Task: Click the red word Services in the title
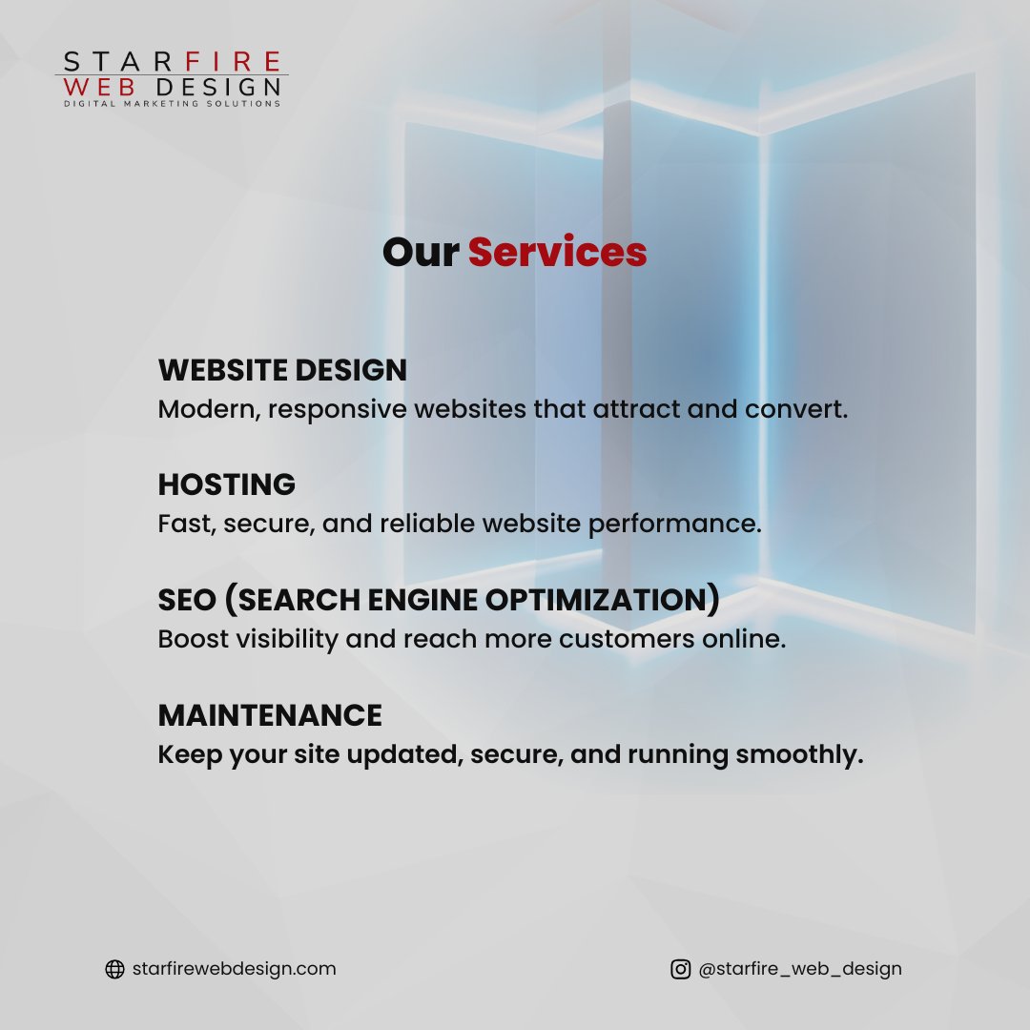(557, 253)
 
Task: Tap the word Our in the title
(421, 253)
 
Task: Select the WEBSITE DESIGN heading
(282, 370)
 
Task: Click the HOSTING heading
(227, 484)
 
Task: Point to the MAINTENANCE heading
(270, 715)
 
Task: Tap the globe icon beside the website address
(114, 969)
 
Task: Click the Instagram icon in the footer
(680, 969)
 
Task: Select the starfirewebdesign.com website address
(234, 969)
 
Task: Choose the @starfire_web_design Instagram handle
(799, 969)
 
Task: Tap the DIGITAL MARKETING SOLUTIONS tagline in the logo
(172, 103)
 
